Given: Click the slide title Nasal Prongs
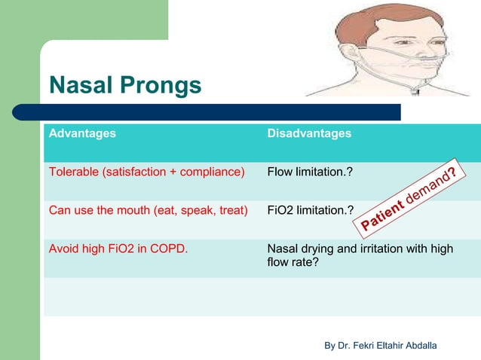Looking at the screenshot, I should click(125, 86).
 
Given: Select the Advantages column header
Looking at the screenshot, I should click(82, 133).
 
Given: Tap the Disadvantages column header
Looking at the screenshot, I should click(309, 133).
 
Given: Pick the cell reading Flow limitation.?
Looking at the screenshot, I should click(309, 172).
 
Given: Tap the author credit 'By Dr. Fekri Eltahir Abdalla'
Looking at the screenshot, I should click(380, 345).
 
